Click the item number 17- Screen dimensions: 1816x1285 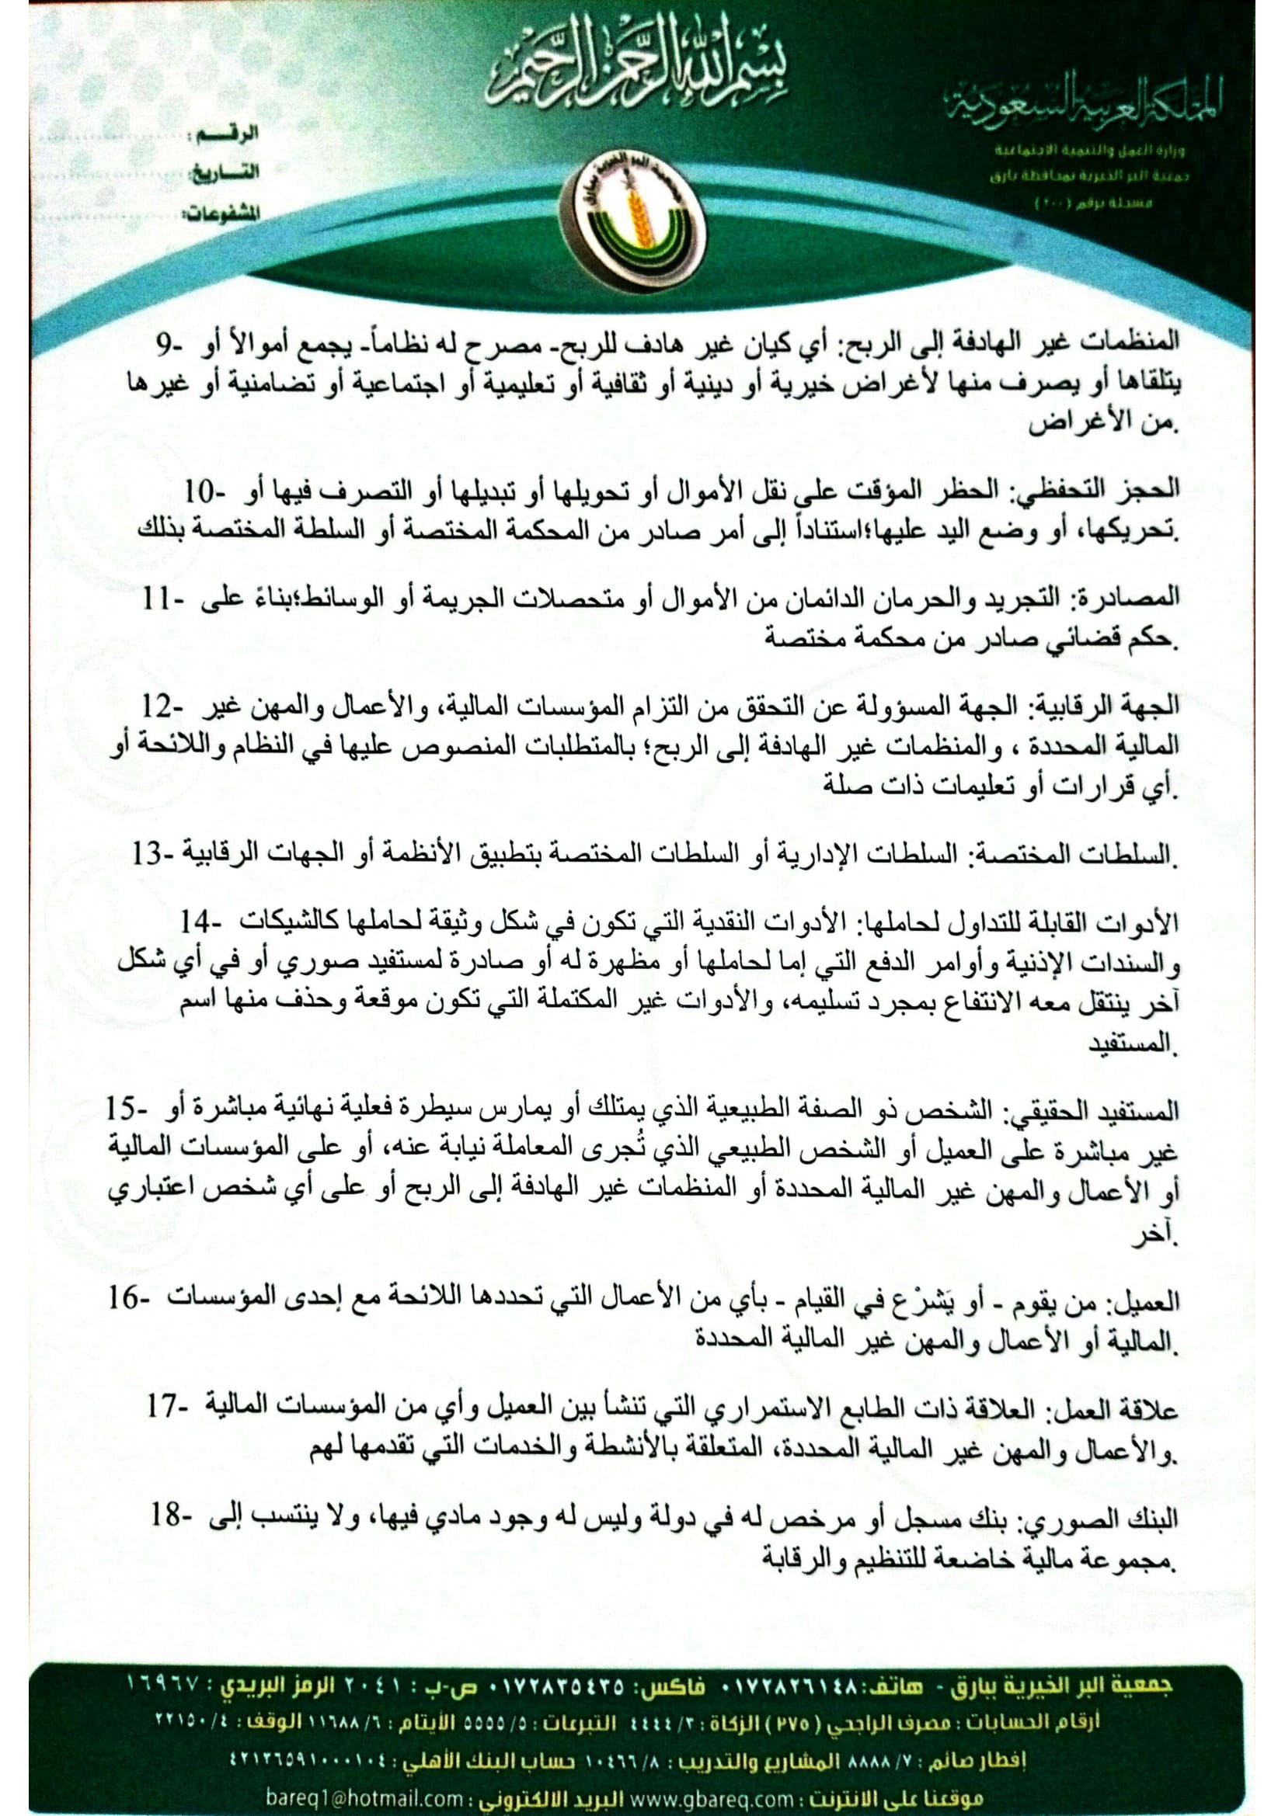point(169,1406)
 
